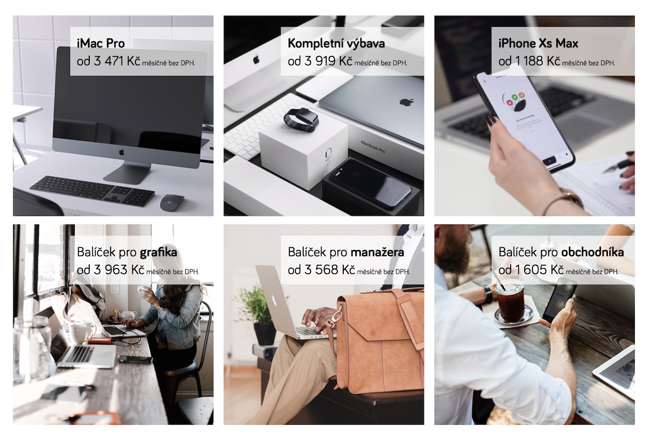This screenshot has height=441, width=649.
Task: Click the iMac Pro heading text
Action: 100,44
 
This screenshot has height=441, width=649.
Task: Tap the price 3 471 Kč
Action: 117,61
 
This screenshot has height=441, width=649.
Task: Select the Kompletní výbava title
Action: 336,44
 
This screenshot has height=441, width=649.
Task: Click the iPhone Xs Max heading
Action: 538,44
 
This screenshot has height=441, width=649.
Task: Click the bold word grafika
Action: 158,252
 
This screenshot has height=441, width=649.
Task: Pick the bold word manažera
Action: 377,252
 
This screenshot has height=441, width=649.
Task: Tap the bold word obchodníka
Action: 593,252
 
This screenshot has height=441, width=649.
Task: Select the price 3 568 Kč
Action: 330,270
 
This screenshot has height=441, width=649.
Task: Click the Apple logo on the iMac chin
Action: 122,152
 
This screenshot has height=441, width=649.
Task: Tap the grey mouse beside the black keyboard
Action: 172,202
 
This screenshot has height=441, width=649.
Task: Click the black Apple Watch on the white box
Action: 301,119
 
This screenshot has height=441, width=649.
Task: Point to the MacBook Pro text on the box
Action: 373,146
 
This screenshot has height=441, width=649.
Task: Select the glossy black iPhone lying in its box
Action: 371,183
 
